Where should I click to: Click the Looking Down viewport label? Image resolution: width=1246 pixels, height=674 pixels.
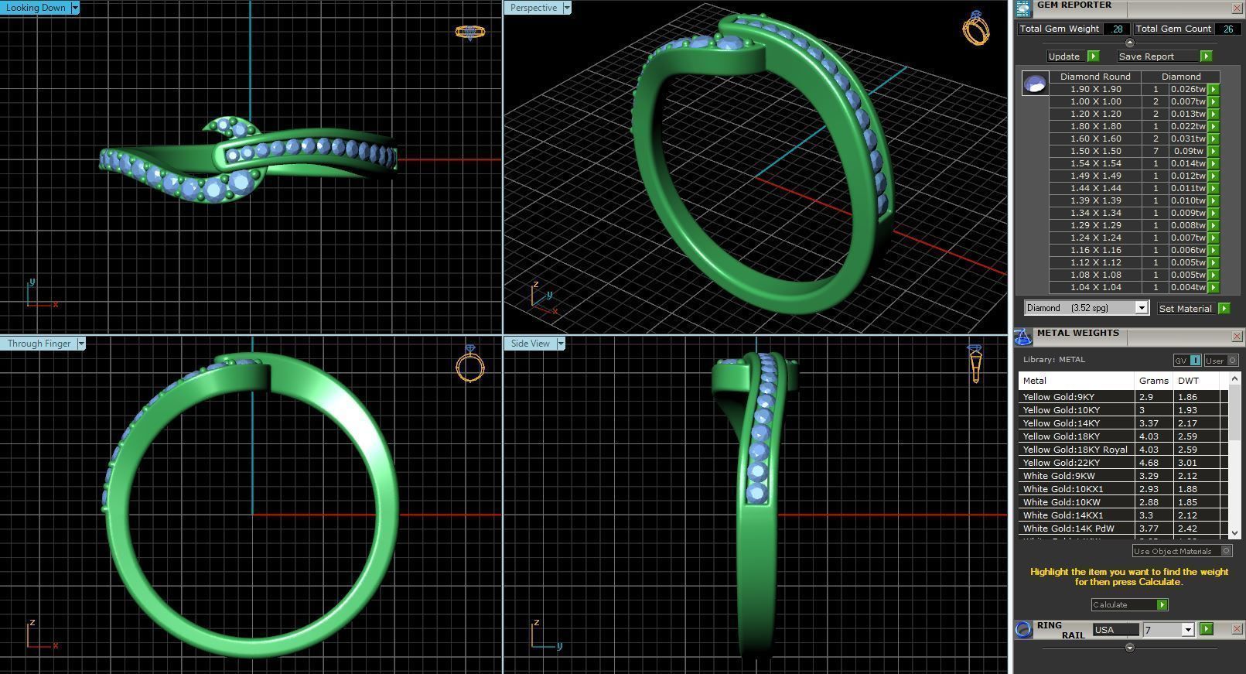tap(36, 8)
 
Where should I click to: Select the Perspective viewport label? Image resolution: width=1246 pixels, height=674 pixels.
tap(533, 8)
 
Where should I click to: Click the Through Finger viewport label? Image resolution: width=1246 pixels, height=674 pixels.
tap(39, 344)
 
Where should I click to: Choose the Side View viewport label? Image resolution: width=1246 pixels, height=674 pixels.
tap(530, 344)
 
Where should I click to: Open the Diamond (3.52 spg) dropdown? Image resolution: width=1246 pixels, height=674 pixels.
tap(1141, 308)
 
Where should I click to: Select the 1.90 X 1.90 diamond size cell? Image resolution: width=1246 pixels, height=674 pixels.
tap(1095, 89)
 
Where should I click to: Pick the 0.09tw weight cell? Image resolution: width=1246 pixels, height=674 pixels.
tap(1188, 151)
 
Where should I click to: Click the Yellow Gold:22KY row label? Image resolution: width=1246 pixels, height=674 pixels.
tap(1060, 463)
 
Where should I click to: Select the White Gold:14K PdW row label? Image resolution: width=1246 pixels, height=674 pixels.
tap(1068, 529)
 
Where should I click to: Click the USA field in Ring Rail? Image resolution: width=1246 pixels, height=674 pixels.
tap(1115, 630)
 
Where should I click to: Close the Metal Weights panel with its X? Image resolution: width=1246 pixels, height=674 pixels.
tap(1236, 336)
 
